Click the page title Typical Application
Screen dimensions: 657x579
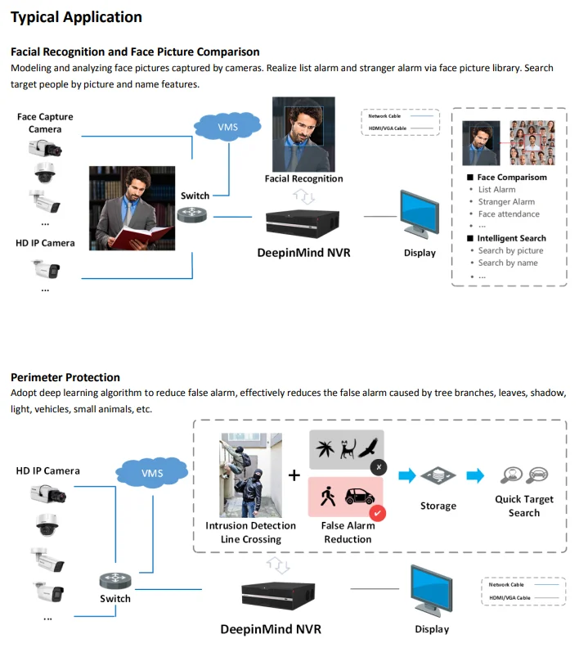coord(76,17)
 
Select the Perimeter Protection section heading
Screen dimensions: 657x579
coord(65,377)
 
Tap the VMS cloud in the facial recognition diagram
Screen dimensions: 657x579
coord(227,128)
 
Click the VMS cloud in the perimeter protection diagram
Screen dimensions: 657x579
coord(152,473)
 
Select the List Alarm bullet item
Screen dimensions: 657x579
coord(496,190)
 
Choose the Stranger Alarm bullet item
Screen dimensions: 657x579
coord(506,202)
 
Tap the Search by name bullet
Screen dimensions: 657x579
coord(508,263)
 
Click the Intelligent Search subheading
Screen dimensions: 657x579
coord(511,238)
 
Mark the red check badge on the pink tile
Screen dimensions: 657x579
coord(377,512)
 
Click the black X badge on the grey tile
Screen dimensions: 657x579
coord(377,467)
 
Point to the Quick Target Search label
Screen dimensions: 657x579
coord(524,506)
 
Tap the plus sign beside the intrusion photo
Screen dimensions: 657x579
coord(294,475)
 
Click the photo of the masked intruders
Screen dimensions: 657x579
coord(250,475)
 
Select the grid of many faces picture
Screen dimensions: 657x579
coord(532,142)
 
